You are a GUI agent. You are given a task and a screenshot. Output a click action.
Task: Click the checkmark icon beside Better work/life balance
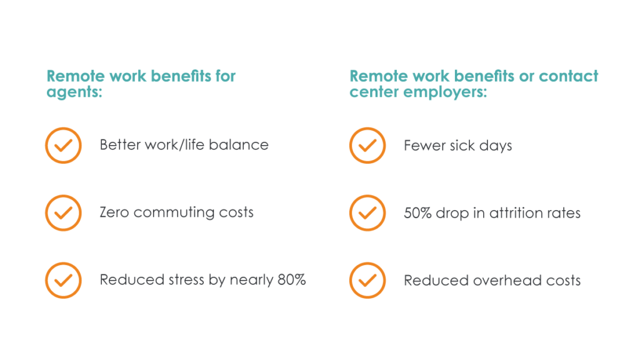pos(63,145)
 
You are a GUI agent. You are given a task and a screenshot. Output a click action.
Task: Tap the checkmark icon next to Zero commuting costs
pos(63,212)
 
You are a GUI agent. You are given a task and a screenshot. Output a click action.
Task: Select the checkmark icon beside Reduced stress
pos(63,280)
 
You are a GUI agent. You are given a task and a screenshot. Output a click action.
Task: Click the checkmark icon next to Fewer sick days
pos(367,145)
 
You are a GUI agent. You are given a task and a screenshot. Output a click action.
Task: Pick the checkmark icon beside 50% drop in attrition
pos(367,212)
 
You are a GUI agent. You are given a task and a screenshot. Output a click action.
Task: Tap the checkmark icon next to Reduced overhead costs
pos(367,280)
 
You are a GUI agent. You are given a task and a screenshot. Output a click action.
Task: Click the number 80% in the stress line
pos(291,279)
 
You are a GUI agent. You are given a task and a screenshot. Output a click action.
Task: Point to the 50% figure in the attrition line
pos(417,212)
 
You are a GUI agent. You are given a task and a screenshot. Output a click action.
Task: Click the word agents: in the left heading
pos(74,92)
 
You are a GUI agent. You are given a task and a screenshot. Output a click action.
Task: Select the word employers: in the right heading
pos(445,92)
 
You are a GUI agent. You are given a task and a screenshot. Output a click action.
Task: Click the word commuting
pos(174,212)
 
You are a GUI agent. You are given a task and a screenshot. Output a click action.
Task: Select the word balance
pos(238,145)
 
